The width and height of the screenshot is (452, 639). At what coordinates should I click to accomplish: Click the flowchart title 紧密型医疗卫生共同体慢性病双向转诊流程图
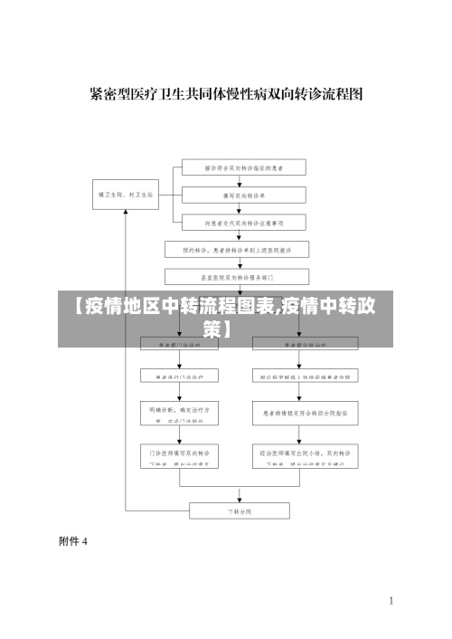[x=226, y=93]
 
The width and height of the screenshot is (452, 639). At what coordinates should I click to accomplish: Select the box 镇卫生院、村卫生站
[x=126, y=195]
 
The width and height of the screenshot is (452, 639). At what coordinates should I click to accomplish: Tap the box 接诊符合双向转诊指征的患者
[x=244, y=167]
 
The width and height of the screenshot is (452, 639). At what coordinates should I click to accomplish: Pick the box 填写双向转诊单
[x=244, y=195]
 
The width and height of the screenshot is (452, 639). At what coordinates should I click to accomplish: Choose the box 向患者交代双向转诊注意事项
[x=244, y=222]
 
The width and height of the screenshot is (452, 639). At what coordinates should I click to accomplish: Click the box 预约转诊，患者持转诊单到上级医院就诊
[x=237, y=249]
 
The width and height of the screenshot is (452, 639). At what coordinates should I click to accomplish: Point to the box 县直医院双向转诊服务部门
[x=237, y=276]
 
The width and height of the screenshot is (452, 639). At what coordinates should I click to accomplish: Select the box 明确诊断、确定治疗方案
[x=178, y=414]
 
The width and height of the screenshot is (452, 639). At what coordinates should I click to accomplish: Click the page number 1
[x=391, y=600]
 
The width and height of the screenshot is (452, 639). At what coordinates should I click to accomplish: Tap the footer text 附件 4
[x=73, y=542]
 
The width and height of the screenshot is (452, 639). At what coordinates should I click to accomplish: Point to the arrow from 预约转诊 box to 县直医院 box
[x=237, y=262]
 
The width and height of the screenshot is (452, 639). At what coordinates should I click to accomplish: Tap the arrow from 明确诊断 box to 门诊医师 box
[x=178, y=434]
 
